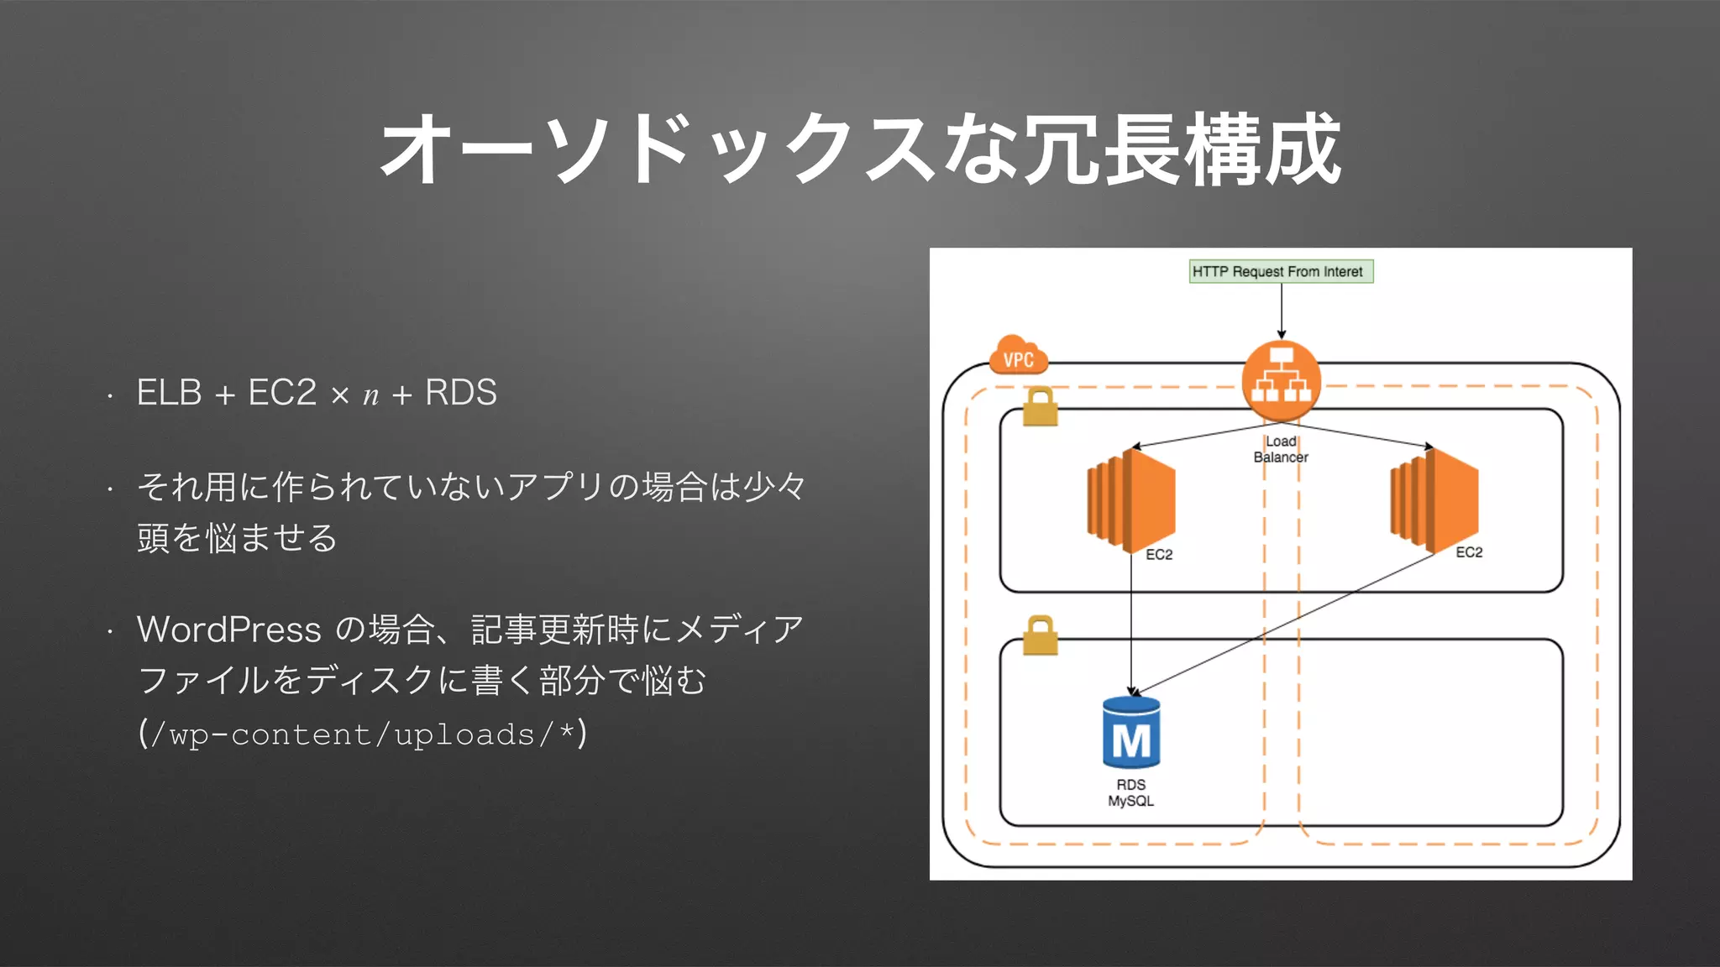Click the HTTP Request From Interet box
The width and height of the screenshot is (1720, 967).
[1281, 271]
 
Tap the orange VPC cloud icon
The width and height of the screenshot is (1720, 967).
[1019, 356]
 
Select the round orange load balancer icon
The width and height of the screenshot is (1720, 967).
[1281, 381]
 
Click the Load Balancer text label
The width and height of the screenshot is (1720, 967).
[1281, 449]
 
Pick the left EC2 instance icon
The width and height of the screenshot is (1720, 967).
[1131, 500]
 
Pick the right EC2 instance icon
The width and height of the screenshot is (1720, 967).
[1434, 500]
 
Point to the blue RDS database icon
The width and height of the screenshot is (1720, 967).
[1131, 733]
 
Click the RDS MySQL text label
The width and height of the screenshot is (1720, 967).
[1131, 792]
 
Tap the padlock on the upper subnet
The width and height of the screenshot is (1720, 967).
[1040, 407]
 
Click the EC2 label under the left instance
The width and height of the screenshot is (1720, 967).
[1159, 555]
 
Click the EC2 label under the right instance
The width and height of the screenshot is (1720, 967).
[1469, 552]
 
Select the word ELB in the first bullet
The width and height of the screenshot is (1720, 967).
[169, 393]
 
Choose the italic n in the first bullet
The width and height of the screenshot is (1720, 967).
[370, 395]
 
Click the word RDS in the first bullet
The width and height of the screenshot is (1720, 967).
[461, 393]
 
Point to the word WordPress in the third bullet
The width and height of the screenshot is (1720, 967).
[228, 630]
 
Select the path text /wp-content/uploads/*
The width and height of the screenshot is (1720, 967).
[362, 734]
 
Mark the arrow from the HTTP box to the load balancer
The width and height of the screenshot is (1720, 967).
[1282, 311]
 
